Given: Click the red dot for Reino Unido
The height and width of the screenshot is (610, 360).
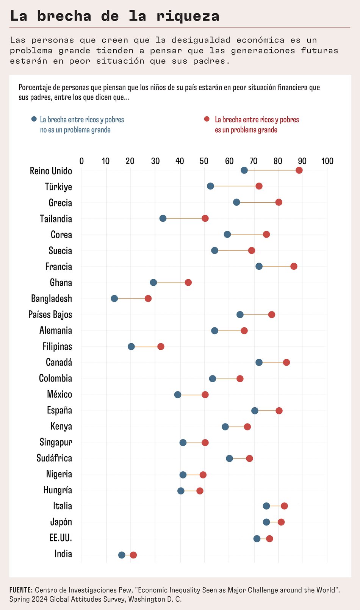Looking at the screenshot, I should (299, 170).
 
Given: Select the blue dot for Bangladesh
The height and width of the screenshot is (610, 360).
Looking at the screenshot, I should (114, 299).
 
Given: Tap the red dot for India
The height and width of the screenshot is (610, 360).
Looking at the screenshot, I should (133, 555).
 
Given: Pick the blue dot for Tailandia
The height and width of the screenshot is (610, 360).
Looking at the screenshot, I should (163, 218).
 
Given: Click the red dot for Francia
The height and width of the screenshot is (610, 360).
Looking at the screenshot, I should (294, 266).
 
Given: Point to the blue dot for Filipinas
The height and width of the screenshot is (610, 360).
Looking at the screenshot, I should (131, 346).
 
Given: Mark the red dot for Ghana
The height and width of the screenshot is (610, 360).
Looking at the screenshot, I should (188, 282).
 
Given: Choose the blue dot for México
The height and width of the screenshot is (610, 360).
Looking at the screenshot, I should (177, 395).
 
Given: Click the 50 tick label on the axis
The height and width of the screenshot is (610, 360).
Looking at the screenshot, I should (204, 161).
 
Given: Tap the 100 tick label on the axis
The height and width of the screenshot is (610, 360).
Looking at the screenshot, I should (327, 161).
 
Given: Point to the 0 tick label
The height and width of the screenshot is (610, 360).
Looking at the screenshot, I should (81, 161).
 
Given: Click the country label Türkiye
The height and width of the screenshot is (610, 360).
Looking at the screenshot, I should (58, 187).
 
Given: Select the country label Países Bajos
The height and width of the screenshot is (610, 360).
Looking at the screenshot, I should (50, 314).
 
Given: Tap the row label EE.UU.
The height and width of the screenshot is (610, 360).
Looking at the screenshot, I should (61, 538).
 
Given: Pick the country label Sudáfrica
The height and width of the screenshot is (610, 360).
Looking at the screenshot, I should (54, 458).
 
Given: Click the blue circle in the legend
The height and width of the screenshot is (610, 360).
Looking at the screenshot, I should (34, 119).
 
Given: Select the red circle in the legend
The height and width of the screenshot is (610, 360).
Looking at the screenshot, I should (207, 119).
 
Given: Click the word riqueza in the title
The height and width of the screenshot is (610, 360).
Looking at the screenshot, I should (188, 16).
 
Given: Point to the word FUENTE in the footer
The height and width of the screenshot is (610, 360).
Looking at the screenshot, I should (21, 590).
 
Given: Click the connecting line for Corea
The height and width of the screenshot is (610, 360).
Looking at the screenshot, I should (247, 235).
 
